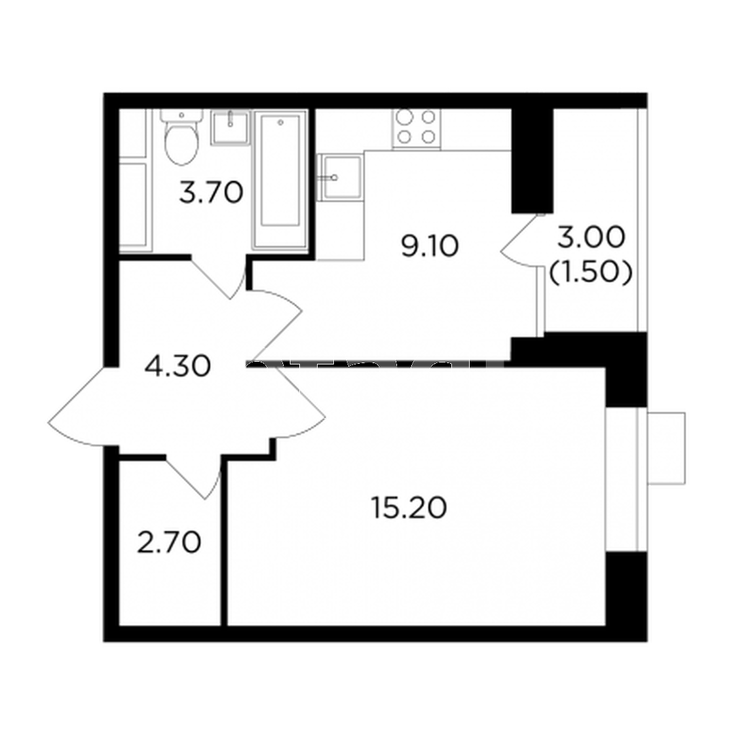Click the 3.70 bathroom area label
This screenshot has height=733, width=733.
[211, 193]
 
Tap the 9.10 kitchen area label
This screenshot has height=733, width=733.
[430, 246]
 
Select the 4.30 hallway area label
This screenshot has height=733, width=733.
[178, 366]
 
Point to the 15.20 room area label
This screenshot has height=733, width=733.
[409, 508]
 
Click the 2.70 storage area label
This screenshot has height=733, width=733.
[169, 543]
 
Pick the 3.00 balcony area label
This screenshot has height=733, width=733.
[591, 237]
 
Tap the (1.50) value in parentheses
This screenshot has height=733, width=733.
[591, 273]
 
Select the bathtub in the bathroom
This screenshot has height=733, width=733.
[280, 179]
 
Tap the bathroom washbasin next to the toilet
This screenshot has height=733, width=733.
[231, 127]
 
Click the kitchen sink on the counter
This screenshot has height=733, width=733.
[340, 177]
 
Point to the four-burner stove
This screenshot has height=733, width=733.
[417, 127]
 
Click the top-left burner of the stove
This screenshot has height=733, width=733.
[405, 117]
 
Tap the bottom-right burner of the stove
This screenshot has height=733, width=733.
[428, 136]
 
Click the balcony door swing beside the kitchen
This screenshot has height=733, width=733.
[521, 241]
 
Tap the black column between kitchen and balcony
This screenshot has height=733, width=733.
[533, 160]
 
